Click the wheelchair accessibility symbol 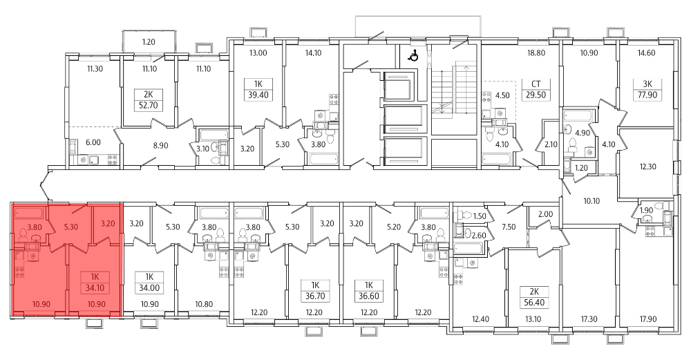413,56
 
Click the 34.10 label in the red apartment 94,289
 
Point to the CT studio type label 536,84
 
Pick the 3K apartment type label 644,84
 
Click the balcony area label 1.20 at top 149,42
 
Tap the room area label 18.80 536,53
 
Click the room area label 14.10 313,53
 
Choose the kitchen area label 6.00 93,142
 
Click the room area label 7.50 509,227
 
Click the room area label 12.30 648,167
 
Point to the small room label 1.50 479,216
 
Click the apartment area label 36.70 315,296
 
